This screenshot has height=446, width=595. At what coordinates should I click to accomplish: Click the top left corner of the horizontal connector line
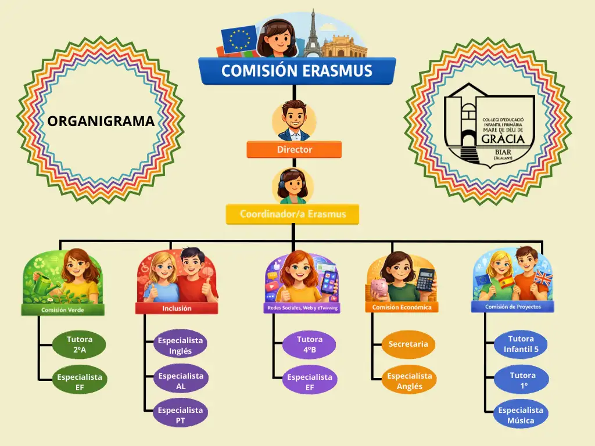(x=60, y=240)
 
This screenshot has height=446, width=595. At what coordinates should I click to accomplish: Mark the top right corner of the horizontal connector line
(x=543, y=240)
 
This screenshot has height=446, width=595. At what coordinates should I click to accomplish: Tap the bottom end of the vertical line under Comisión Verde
(x=39, y=380)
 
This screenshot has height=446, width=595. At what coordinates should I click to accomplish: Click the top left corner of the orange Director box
(x=247, y=142)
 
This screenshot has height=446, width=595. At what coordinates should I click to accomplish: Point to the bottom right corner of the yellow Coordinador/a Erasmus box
(x=359, y=224)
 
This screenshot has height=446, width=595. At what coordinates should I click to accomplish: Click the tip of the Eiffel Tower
(x=313, y=10)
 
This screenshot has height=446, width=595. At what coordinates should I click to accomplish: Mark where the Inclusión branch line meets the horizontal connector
(x=171, y=241)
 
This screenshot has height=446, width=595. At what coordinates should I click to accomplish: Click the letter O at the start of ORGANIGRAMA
(x=53, y=121)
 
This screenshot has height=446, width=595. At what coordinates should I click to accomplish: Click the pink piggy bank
(x=380, y=289)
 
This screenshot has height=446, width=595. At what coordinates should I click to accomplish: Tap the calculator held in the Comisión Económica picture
(x=425, y=280)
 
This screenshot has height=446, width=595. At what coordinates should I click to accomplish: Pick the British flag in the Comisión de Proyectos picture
(x=543, y=279)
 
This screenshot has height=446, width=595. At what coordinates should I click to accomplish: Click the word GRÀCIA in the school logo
(x=503, y=139)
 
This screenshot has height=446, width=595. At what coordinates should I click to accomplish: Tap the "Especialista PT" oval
(x=180, y=416)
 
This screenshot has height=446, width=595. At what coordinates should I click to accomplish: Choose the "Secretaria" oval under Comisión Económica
(x=408, y=344)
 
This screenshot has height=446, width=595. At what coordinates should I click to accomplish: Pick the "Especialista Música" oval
(x=521, y=415)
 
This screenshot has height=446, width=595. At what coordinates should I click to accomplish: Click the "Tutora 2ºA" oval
(x=79, y=344)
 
